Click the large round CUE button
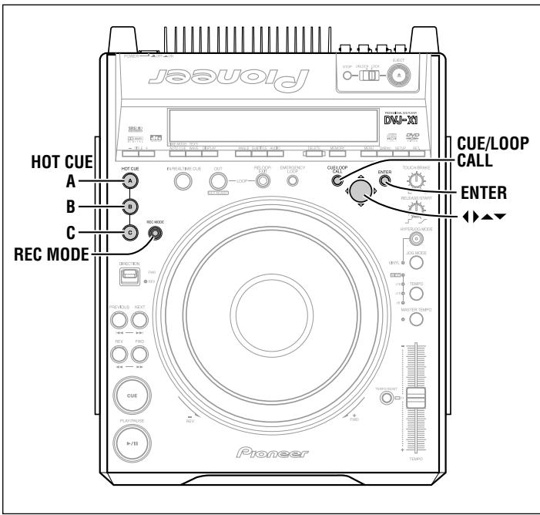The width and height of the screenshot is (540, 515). (x=128, y=393)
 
